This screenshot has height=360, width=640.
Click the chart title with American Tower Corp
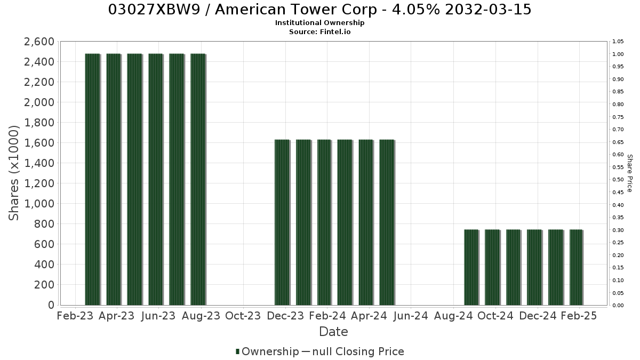(x=319, y=10)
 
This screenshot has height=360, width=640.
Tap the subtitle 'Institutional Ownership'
(x=319, y=23)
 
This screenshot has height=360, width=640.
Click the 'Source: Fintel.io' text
(x=319, y=31)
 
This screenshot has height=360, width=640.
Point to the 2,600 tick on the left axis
(x=39, y=42)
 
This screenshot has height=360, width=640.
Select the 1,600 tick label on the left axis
(x=39, y=143)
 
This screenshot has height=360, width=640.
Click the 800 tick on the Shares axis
(x=44, y=224)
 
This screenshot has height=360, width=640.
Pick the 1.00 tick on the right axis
(x=618, y=54)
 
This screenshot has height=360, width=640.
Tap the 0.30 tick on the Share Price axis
(x=618, y=230)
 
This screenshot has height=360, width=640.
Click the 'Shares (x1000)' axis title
(x=13, y=173)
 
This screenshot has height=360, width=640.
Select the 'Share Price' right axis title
(x=630, y=173)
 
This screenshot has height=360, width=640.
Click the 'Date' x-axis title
(x=333, y=332)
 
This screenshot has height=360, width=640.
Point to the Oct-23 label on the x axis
(x=243, y=316)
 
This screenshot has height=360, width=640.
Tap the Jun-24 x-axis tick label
(x=411, y=316)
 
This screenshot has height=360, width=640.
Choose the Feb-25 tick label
(x=579, y=316)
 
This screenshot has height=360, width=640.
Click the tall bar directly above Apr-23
(x=114, y=179)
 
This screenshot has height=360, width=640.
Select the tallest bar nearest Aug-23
(x=198, y=179)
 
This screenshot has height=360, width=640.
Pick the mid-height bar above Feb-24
(x=324, y=222)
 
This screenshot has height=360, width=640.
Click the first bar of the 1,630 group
(x=282, y=222)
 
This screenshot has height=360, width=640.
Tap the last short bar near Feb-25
(x=577, y=267)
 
